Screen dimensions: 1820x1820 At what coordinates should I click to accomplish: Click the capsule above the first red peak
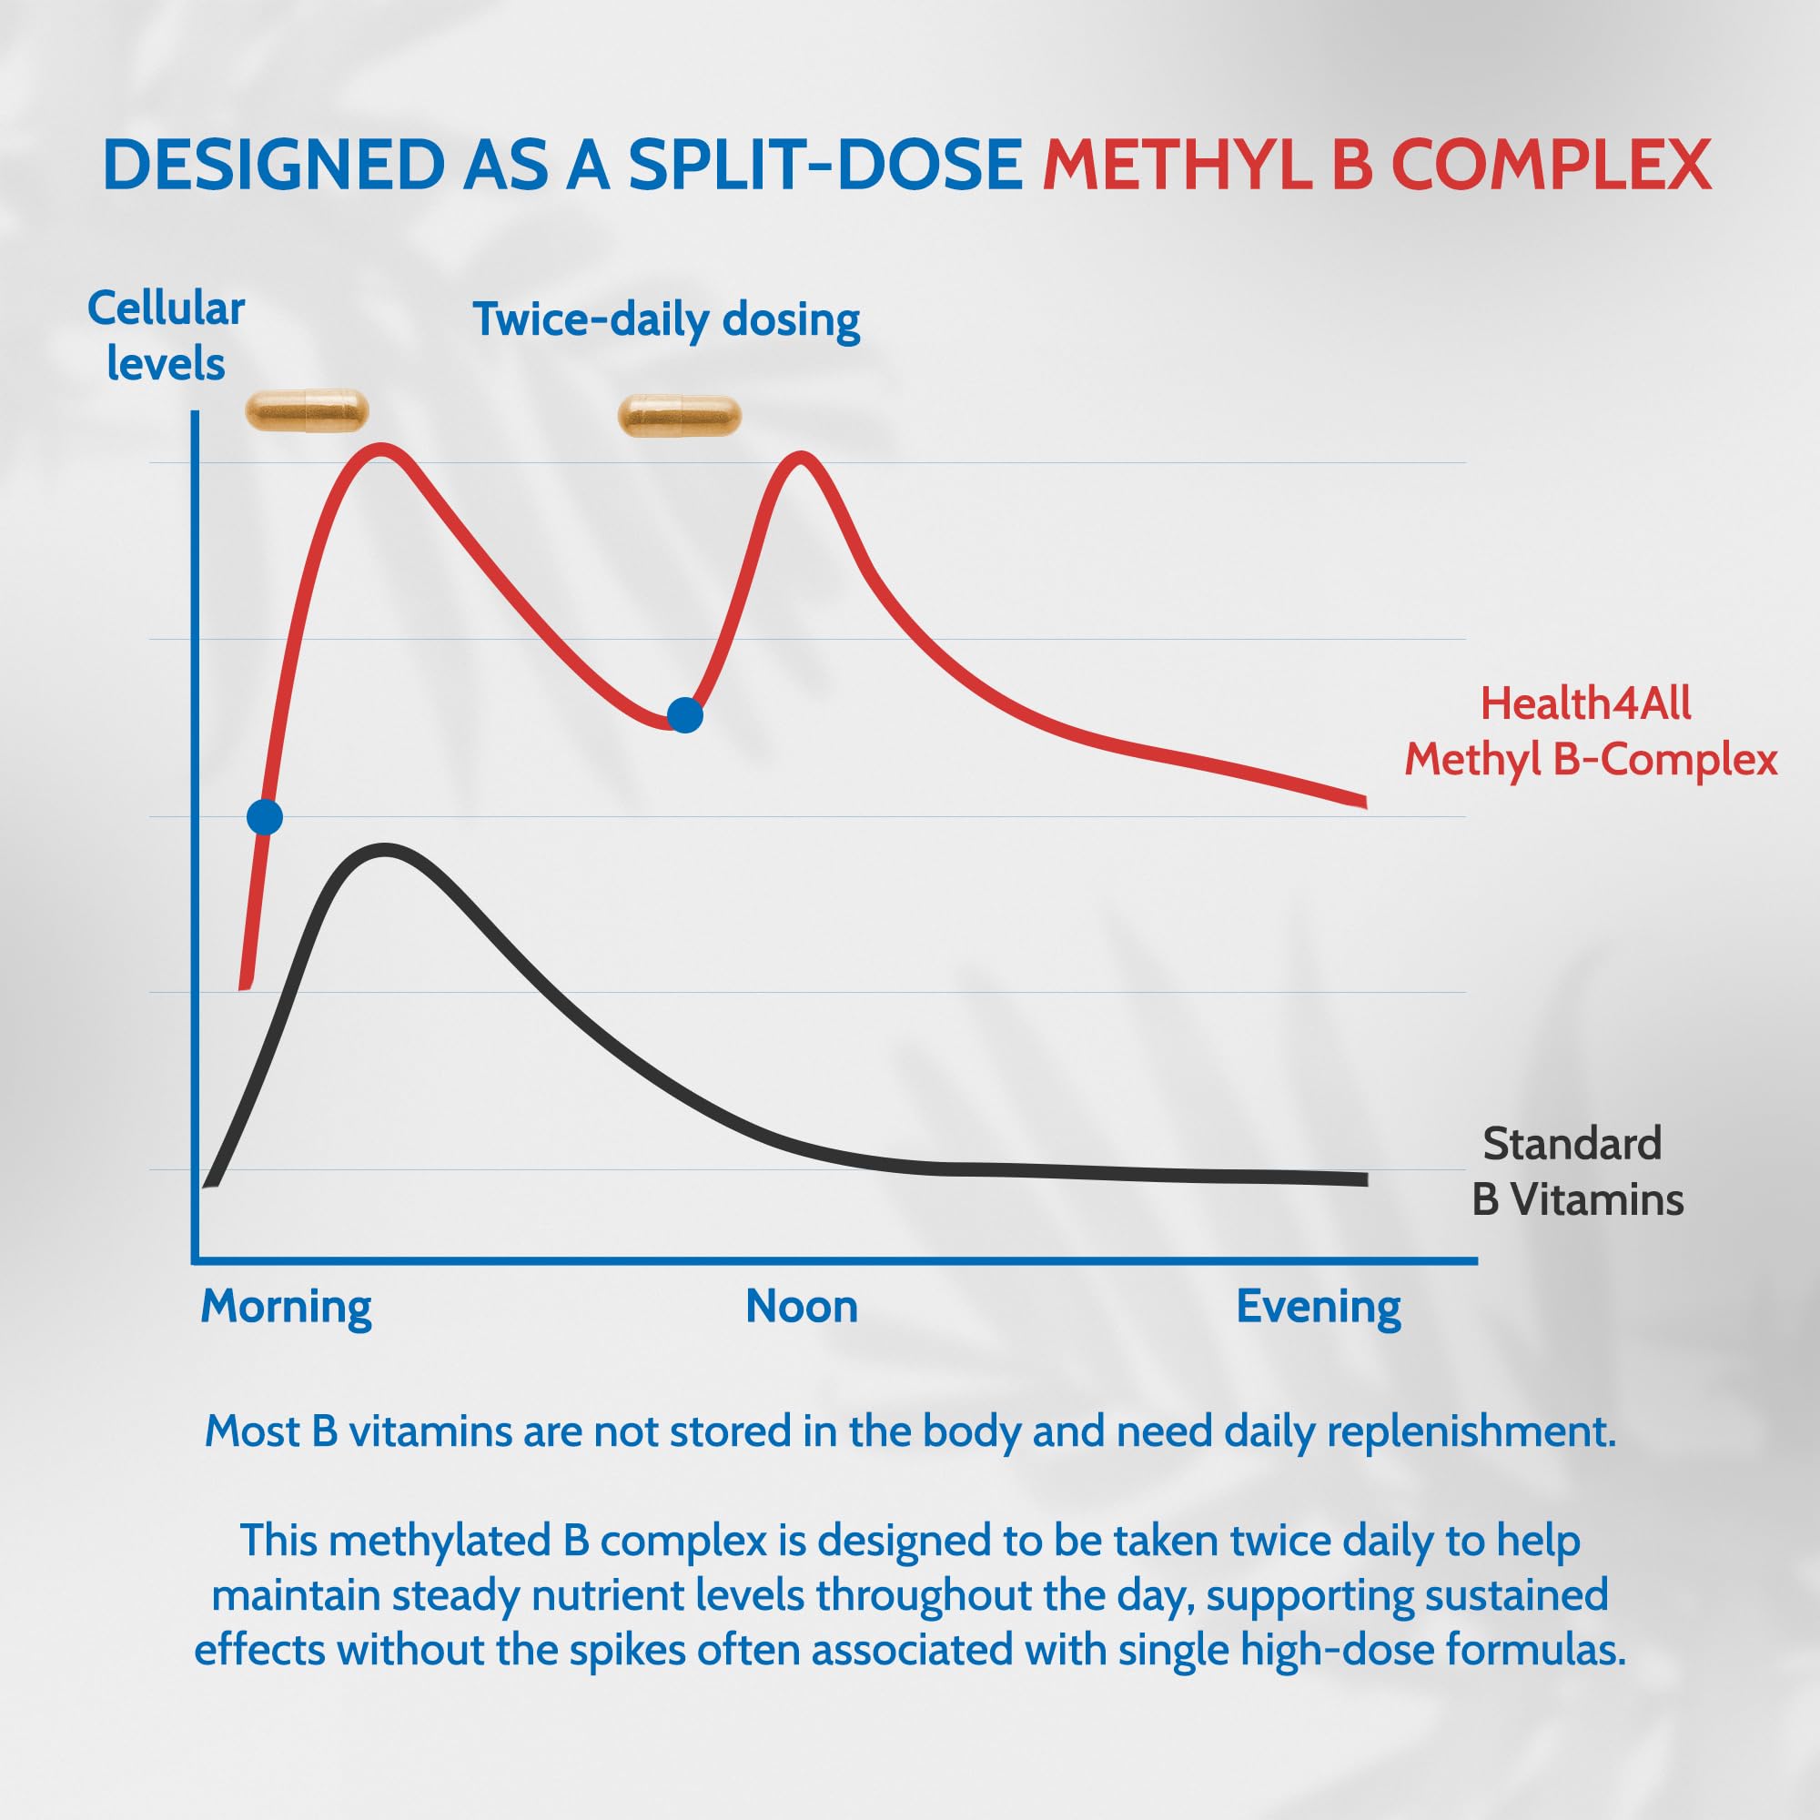pos(306,411)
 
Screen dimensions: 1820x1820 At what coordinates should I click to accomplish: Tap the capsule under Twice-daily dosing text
pos(679,417)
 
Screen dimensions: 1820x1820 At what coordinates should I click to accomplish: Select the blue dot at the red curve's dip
pos(685,716)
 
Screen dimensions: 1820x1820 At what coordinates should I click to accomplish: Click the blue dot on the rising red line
pos(265,817)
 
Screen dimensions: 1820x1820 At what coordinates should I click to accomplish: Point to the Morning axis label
pos(287,1308)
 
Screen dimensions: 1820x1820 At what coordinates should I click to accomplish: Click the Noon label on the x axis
pos(802,1308)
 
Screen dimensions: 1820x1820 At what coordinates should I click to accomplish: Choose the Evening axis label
pos(1318,1308)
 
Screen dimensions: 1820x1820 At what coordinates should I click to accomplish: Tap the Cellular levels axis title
pos(166,337)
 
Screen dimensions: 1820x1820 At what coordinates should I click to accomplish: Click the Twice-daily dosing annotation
pos(666,319)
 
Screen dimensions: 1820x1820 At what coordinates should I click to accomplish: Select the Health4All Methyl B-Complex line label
pos(1590,732)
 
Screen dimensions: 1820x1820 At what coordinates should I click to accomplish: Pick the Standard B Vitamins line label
pos(1577,1172)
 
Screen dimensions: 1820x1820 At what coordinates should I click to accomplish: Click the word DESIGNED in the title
pos(273,165)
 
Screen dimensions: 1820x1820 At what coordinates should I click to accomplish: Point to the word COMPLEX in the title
pos(1550,165)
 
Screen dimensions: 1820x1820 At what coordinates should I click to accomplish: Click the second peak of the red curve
pos(800,460)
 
